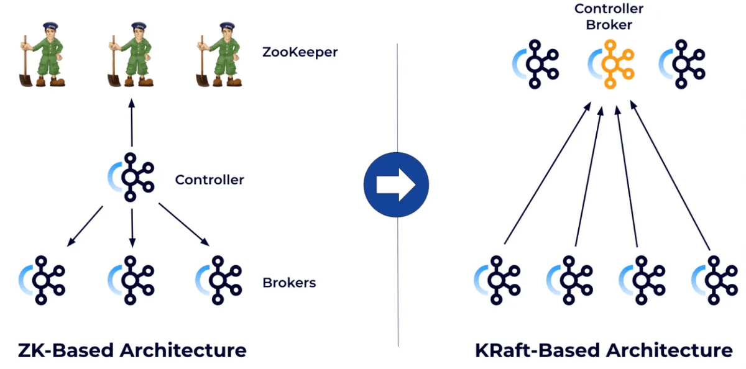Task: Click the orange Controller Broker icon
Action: [x=612, y=64]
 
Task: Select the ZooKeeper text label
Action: [x=300, y=52]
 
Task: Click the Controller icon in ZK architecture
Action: [x=131, y=177]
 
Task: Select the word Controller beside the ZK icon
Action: [x=210, y=180]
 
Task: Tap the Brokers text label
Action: [x=289, y=283]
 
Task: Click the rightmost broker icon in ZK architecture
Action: [x=219, y=280]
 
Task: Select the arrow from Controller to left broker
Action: [x=86, y=225]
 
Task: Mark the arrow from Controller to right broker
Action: [x=184, y=224]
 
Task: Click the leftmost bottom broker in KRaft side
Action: [x=497, y=280]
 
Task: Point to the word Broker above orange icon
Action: [x=609, y=25]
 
